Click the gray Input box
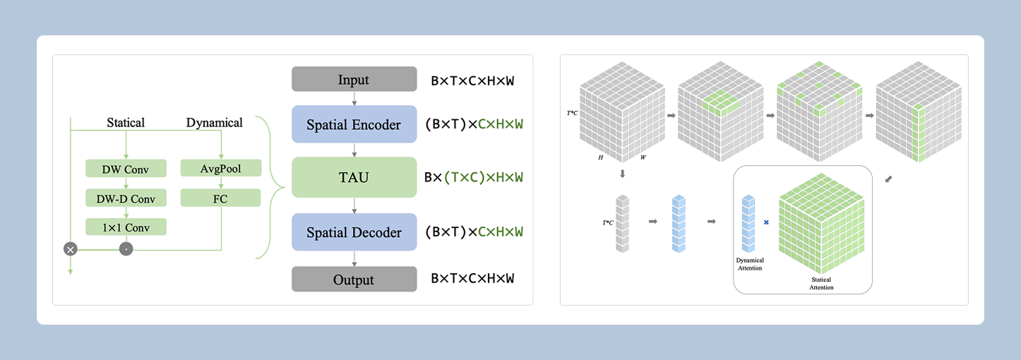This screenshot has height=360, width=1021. click(x=354, y=79)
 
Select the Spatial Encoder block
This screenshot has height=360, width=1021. click(x=354, y=125)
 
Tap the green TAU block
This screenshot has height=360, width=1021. click(x=354, y=176)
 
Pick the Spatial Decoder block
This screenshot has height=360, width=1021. click(x=354, y=232)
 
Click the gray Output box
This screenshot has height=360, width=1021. click(x=354, y=279)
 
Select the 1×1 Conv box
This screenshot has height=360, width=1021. click(x=126, y=227)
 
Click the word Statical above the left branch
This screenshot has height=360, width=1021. click(x=126, y=123)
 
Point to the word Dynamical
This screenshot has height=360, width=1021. click(x=215, y=123)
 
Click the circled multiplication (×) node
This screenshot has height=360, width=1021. click(x=70, y=248)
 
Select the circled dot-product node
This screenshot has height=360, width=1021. click(x=126, y=248)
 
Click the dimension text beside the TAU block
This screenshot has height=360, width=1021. click(x=473, y=177)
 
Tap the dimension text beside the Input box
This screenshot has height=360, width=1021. click(x=472, y=80)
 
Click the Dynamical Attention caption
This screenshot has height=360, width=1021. click(x=749, y=264)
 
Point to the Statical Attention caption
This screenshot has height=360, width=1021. click(x=821, y=284)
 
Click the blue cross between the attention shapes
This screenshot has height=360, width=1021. click(x=767, y=222)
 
